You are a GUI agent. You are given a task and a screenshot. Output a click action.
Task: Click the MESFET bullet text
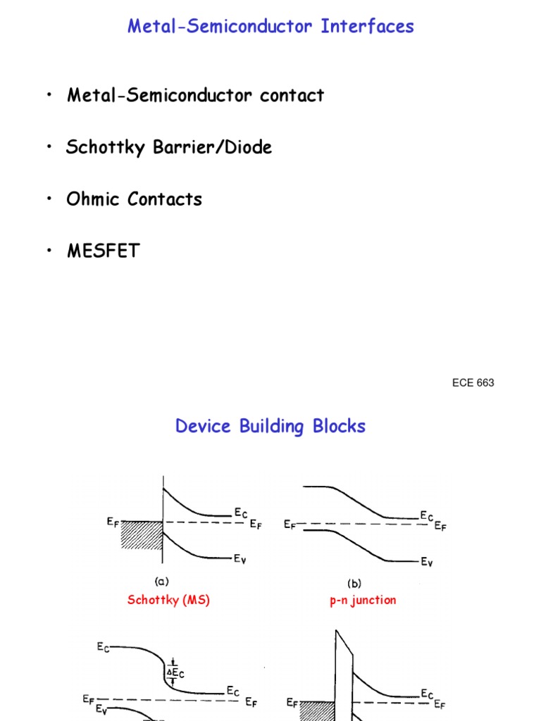point(103,251)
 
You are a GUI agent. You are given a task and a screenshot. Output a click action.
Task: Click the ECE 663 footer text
point(473,383)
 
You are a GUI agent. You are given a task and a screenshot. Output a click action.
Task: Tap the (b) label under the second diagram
point(354,584)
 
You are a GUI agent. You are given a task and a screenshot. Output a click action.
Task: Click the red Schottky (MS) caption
point(168,600)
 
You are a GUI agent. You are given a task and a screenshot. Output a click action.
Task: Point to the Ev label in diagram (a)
point(242,559)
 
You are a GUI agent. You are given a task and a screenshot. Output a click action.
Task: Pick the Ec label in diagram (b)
point(427,515)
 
